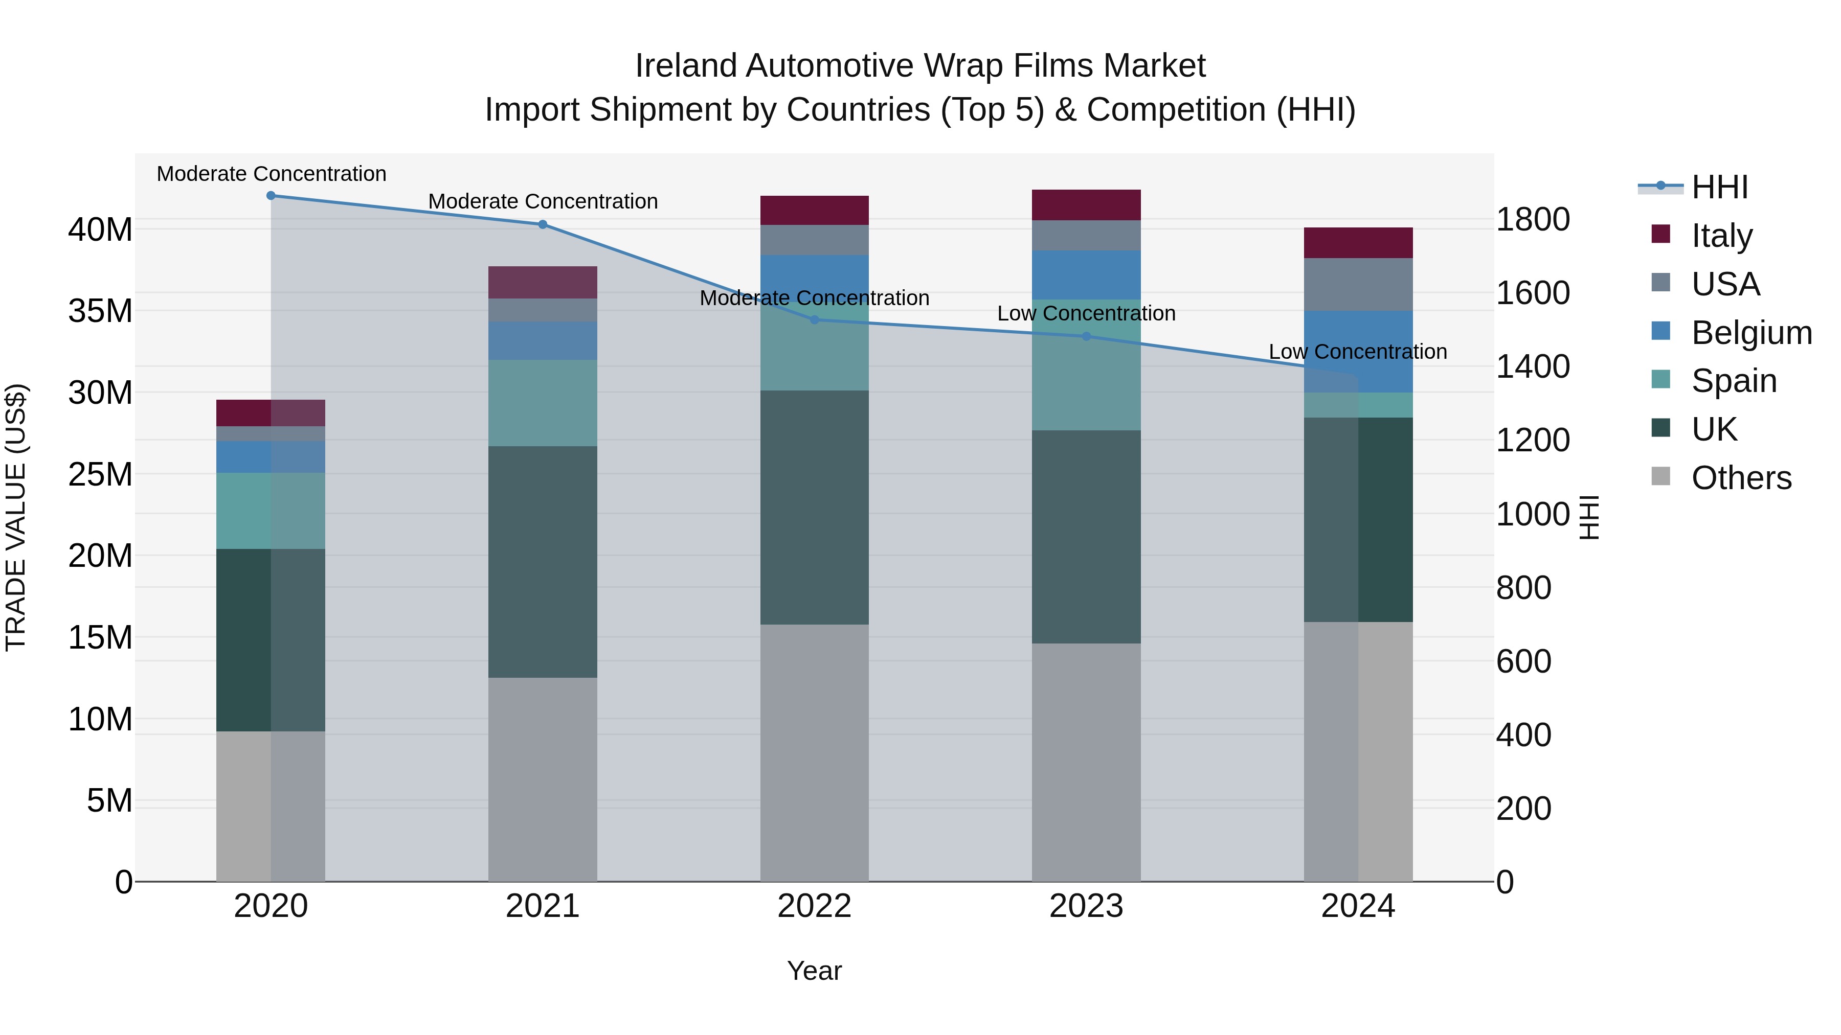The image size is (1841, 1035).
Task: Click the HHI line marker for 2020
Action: click(271, 196)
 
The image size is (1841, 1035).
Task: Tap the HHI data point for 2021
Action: click(543, 224)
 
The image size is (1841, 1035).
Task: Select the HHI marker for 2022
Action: click(815, 320)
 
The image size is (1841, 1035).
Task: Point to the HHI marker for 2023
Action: click(1086, 336)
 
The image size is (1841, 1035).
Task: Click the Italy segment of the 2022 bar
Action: click(815, 210)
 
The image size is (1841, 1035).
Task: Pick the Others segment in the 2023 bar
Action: click(1086, 762)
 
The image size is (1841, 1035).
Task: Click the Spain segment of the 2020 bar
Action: click(271, 510)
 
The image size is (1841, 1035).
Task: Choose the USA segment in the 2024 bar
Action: click(1358, 284)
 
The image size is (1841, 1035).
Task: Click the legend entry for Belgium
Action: click(1751, 333)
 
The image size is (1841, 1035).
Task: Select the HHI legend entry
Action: click(1719, 187)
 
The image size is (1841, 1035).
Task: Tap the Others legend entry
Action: click(1741, 478)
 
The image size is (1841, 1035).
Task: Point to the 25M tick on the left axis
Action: click(100, 474)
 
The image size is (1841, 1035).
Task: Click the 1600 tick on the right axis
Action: click(1533, 293)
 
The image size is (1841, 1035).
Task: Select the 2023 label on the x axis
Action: click(1086, 906)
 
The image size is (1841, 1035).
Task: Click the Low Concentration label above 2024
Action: click(1358, 352)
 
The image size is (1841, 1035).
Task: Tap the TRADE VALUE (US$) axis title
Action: click(16, 517)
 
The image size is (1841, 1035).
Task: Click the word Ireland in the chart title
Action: click(686, 66)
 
